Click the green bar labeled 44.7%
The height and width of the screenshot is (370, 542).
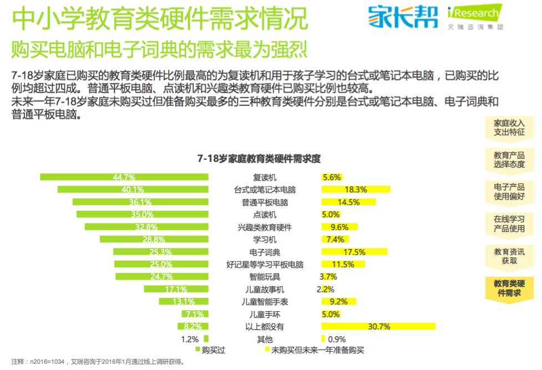(124, 177)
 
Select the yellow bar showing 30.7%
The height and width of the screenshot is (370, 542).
(378, 326)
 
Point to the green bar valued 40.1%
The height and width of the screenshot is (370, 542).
(133, 190)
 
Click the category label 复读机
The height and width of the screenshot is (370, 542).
(265, 178)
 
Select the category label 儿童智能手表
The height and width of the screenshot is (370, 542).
(265, 302)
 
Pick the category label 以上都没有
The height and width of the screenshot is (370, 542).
(265, 327)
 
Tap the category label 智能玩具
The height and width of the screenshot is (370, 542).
(265, 277)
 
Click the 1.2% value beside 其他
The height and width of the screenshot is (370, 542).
(190, 339)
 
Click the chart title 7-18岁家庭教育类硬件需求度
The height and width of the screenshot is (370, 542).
(259, 159)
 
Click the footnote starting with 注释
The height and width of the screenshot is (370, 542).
(97, 362)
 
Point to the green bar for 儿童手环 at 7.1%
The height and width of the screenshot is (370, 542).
(193, 314)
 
